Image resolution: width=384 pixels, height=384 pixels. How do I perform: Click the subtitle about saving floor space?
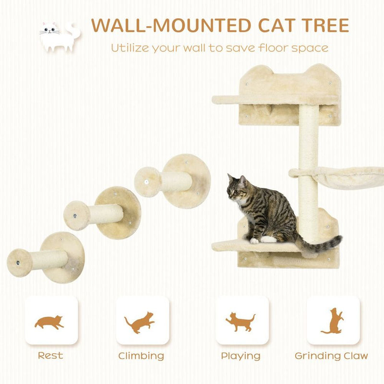click(x=220, y=48)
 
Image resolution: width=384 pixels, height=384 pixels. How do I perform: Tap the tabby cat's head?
click(x=238, y=188)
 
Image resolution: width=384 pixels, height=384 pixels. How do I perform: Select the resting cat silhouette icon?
click(x=49, y=321)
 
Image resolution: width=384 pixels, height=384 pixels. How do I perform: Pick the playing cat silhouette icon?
click(x=240, y=321)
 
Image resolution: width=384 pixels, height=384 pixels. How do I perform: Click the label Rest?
click(x=50, y=356)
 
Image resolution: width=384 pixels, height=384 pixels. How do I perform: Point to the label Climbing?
click(x=141, y=356)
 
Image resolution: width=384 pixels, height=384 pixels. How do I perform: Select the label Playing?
click(x=240, y=356)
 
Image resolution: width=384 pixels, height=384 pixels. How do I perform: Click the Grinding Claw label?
click(x=331, y=356)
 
